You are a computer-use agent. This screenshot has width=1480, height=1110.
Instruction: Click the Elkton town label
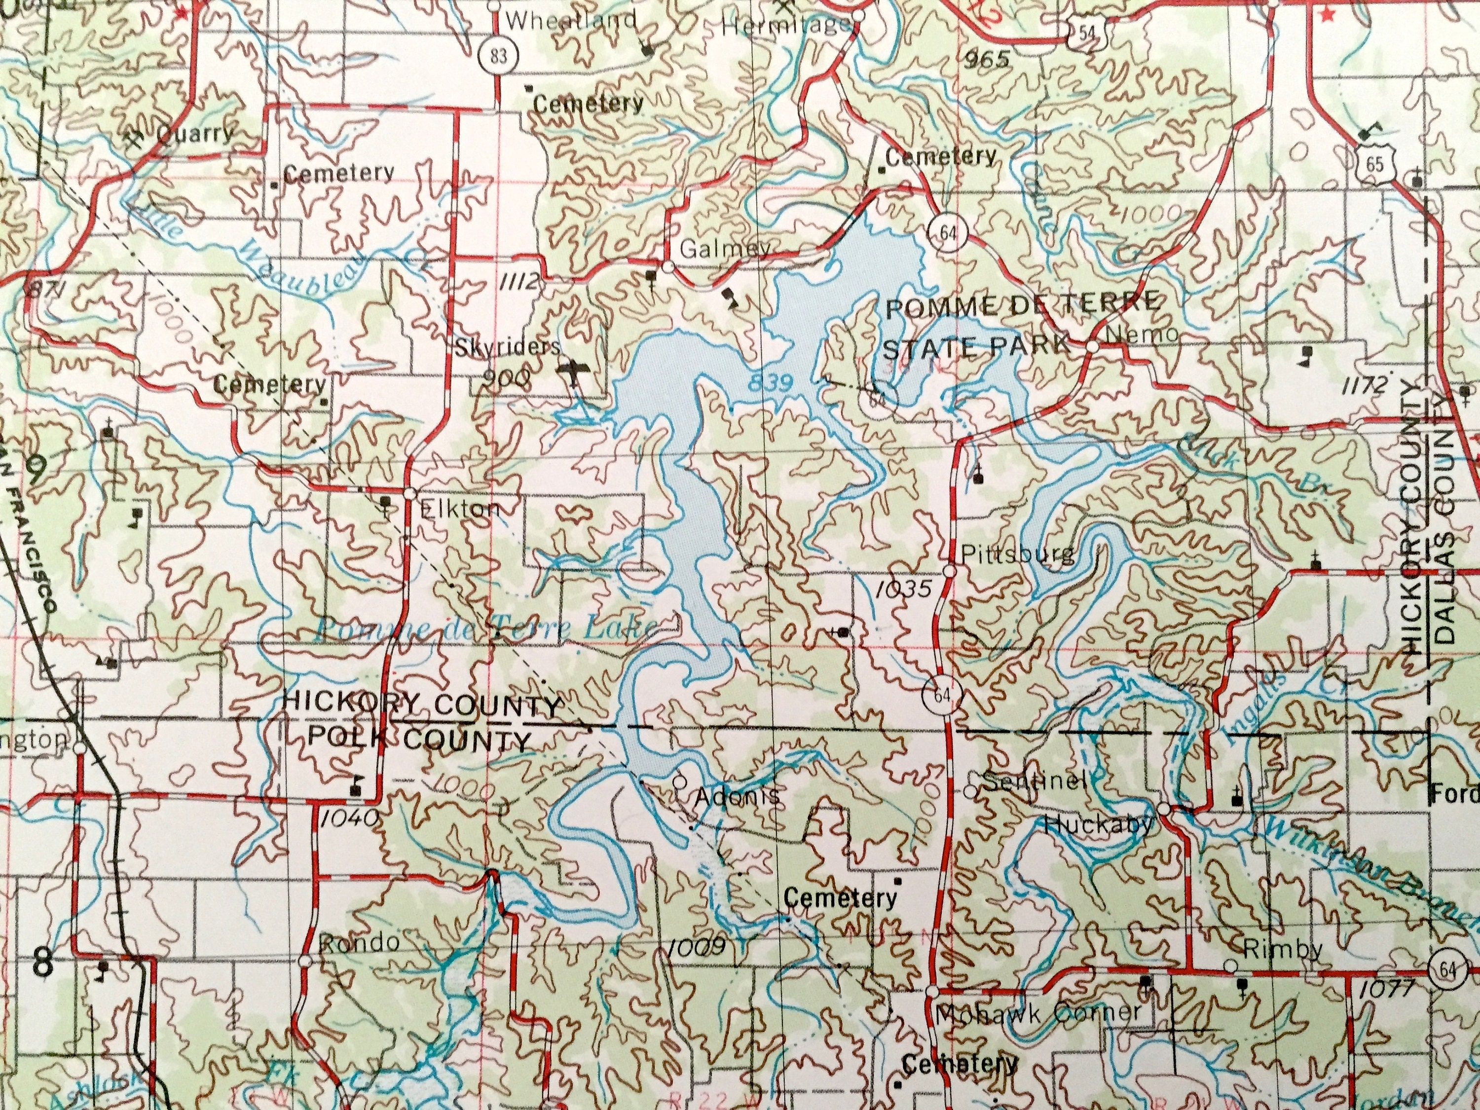point(460,509)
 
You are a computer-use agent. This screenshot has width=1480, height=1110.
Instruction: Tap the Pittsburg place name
point(1017,554)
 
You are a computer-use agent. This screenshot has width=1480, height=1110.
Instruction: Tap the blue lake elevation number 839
point(770,383)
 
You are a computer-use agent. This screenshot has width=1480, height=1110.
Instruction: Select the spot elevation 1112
point(518,282)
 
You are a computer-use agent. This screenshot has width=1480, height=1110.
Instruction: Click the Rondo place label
point(361,943)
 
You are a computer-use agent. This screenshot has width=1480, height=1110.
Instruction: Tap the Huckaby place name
point(1099,824)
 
